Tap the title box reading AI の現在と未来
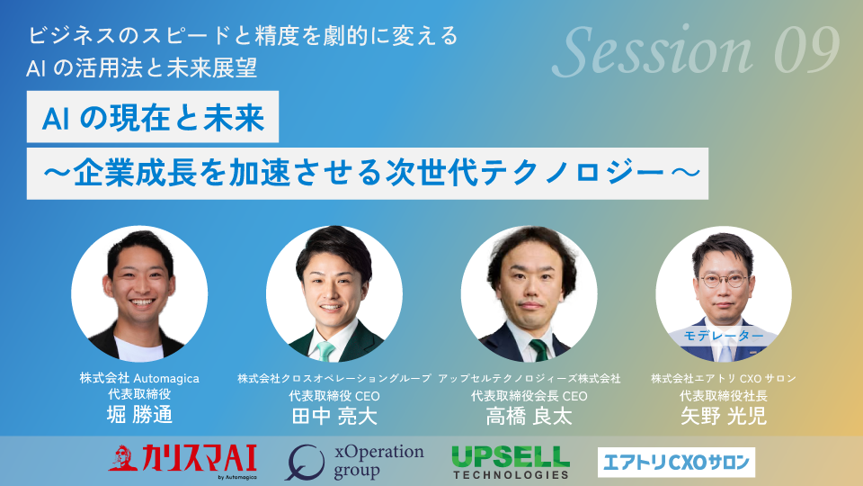coord(153,117)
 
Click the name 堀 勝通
coord(139,414)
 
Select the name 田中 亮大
coord(334,416)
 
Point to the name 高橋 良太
coord(529,416)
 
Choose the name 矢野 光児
coord(724,416)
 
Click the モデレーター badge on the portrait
coord(723,336)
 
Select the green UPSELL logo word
coord(511,457)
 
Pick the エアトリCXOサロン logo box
coord(676,462)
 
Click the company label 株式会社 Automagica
coord(139,378)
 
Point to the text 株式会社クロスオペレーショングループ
coord(334,379)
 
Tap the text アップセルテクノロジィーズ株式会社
coord(529,379)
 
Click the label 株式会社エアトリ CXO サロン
coord(724,379)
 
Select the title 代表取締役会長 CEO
coord(529,396)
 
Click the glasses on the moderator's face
coord(723,280)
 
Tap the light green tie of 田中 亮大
coord(325,351)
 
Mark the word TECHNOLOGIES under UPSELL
coord(511,474)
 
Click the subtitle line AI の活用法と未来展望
coord(142,67)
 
